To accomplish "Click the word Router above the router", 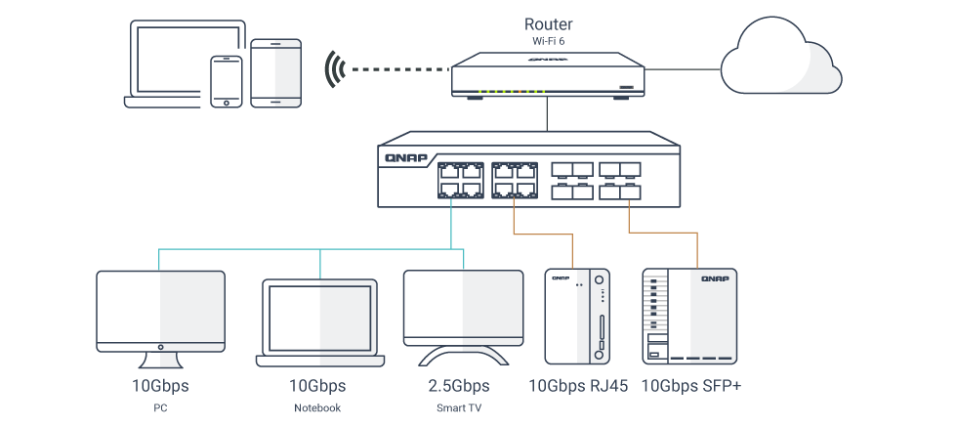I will (548, 24).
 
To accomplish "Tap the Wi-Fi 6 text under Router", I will (548, 42).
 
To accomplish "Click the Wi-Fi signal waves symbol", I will (335, 70).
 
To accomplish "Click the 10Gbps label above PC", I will (160, 386).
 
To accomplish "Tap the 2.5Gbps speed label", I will (458, 386).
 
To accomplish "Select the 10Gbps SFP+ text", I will (690, 386).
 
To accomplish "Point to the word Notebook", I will (317, 407).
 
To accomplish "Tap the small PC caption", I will (160, 407).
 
